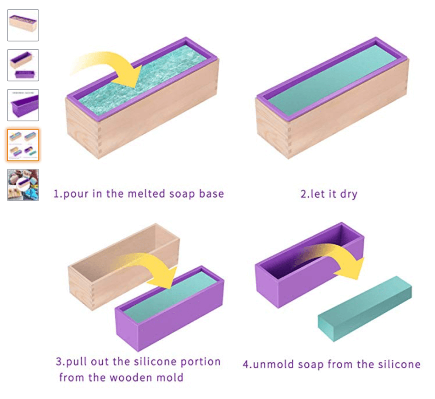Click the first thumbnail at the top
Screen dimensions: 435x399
click(23, 25)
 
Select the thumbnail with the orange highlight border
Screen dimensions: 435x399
click(23, 145)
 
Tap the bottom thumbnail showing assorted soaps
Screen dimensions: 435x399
click(23, 185)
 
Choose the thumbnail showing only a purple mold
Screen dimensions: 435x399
click(23, 105)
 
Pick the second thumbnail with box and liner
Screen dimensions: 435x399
click(23, 65)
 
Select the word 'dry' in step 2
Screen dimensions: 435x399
click(349, 194)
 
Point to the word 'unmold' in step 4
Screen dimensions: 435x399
click(273, 364)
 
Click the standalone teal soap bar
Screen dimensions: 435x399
click(365, 308)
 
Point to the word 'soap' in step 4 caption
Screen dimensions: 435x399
click(311, 365)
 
